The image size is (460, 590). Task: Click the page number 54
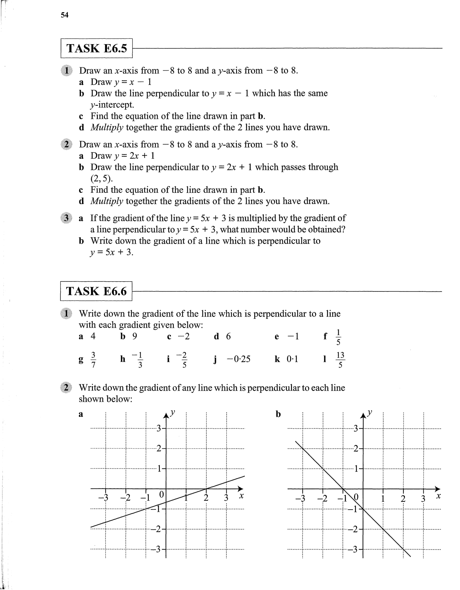coord(64,15)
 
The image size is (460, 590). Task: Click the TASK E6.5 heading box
coord(96,48)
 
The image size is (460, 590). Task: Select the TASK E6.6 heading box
coord(96,291)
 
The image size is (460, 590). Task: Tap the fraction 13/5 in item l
coord(340,360)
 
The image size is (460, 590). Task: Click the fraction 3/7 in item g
coord(93,360)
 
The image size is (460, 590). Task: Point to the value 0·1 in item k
coord(292,359)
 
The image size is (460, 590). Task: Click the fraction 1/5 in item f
coord(338,337)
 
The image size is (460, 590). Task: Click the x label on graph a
coord(241,496)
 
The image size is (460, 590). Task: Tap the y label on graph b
coord(370,413)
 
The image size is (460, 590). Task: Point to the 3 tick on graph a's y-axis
coord(159,428)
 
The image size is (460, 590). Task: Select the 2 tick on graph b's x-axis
coord(403,498)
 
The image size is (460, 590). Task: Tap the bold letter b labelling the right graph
coord(278,414)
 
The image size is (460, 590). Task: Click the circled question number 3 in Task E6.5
coord(66,218)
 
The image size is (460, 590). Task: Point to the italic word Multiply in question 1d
coord(107,127)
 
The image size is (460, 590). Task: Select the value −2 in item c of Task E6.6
coord(184,336)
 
